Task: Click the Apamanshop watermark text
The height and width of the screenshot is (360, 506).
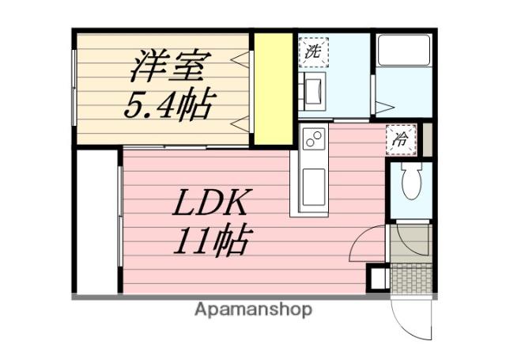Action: click(253, 309)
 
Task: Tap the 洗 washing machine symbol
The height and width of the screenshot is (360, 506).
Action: click(313, 54)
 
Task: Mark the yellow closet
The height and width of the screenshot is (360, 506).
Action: click(273, 87)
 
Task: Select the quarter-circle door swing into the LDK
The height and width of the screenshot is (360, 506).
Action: click(365, 241)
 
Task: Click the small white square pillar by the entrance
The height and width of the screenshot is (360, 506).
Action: click(378, 279)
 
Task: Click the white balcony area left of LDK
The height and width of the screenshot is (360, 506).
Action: click(96, 222)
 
